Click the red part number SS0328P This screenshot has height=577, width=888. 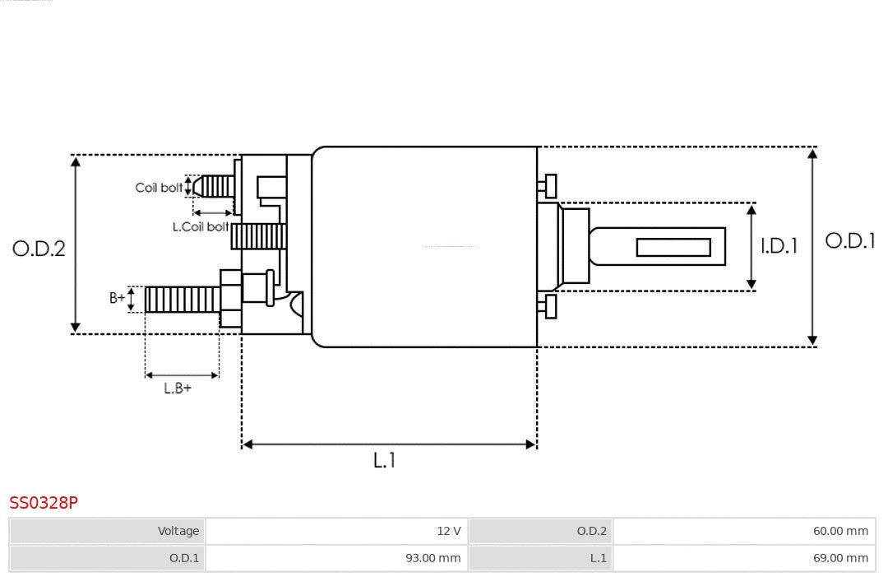(x=44, y=502)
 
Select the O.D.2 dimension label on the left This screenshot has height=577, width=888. (x=39, y=249)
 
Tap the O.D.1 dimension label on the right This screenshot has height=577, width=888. (x=849, y=240)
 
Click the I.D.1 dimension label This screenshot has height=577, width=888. (x=779, y=245)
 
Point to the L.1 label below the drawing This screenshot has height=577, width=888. (x=385, y=460)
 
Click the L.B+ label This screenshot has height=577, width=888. (x=177, y=388)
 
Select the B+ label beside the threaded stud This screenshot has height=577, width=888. (x=118, y=298)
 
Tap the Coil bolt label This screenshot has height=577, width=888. (x=159, y=188)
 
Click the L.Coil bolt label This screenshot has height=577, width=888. (x=200, y=226)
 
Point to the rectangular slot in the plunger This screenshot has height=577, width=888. (x=673, y=247)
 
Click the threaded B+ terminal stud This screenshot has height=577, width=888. (x=183, y=299)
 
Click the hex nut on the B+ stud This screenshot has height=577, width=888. (x=231, y=299)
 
